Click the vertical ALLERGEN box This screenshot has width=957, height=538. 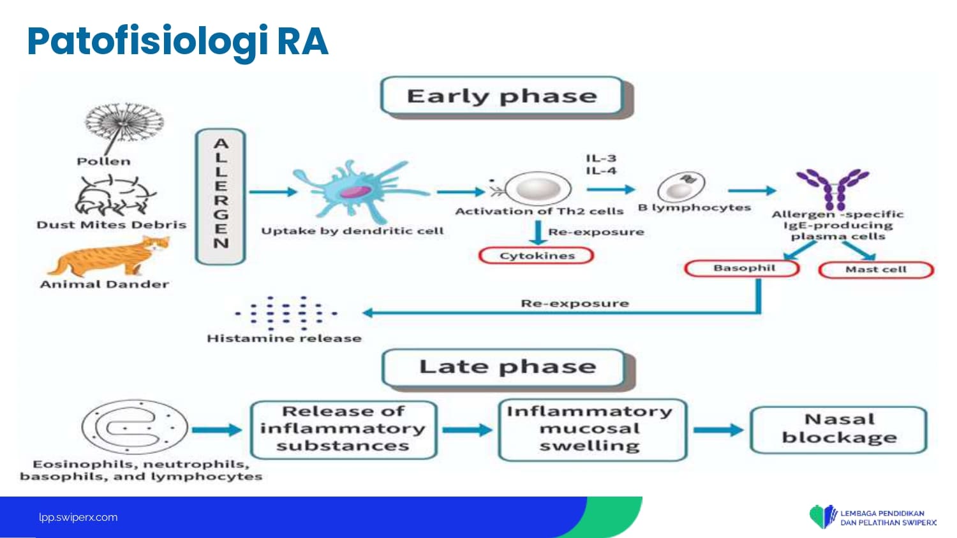coord(221,196)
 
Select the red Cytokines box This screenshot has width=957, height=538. coord(537,256)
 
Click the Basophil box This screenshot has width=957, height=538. coord(743,268)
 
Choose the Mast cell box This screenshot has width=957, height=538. coord(875,270)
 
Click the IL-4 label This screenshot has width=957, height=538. coord(600,171)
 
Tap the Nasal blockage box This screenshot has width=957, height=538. coord(838,429)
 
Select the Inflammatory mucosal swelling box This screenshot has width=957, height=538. coord(591,429)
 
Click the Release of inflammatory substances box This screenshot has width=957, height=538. coord(343,429)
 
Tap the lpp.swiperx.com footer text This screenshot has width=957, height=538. coord(78,517)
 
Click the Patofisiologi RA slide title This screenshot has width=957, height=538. coord(177,41)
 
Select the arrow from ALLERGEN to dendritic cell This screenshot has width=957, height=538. coord(273,191)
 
